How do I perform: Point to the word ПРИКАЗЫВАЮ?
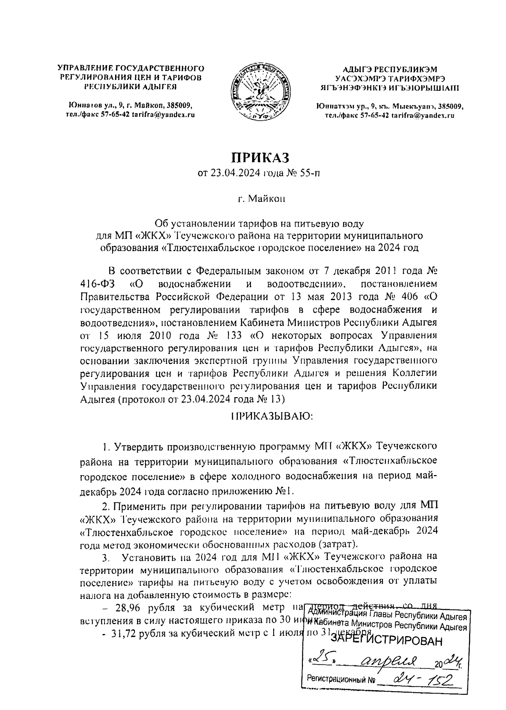click(272, 416)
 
